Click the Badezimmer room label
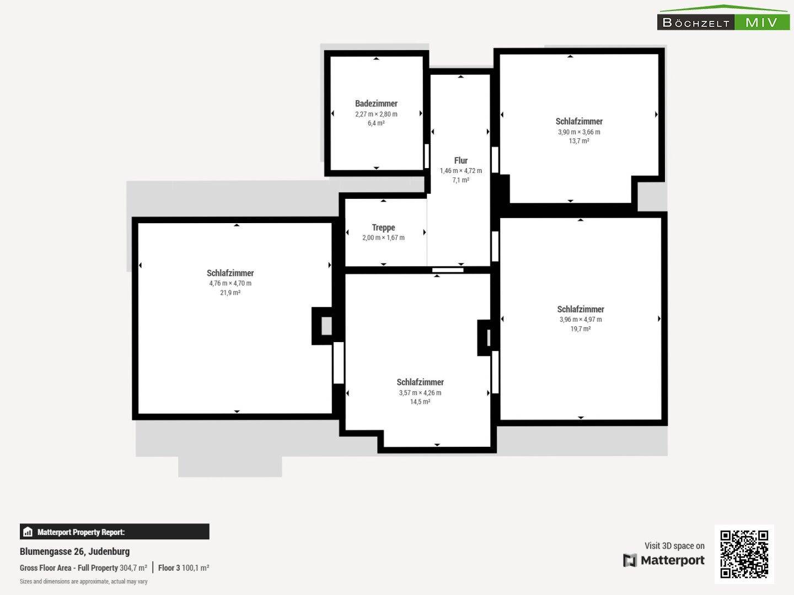[x=376, y=104]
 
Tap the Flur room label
[x=461, y=160]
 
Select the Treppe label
[x=383, y=228]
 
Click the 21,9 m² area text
[x=230, y=292]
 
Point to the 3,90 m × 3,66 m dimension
[x=579, y=132]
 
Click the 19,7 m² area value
[x=581, y=328]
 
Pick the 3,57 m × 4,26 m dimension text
[x=420, y=392]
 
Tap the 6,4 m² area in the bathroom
[x=376, y=123]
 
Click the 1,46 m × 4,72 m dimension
[x=461, y=171]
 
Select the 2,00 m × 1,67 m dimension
[x=383, y=237]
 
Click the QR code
[x=744, y=554]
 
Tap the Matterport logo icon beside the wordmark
[x=630, y=560]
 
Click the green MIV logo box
[x=762, y=23]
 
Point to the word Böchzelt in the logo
[x=696, y=23]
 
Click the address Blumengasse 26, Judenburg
[x=74, y=551]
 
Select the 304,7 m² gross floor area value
[x=133, y=568]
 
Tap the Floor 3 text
[x=169, y=568]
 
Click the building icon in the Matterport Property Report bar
[x=28, y=532]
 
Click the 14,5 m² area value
[x=420, y=402]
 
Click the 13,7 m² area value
[x=579, y=141]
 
